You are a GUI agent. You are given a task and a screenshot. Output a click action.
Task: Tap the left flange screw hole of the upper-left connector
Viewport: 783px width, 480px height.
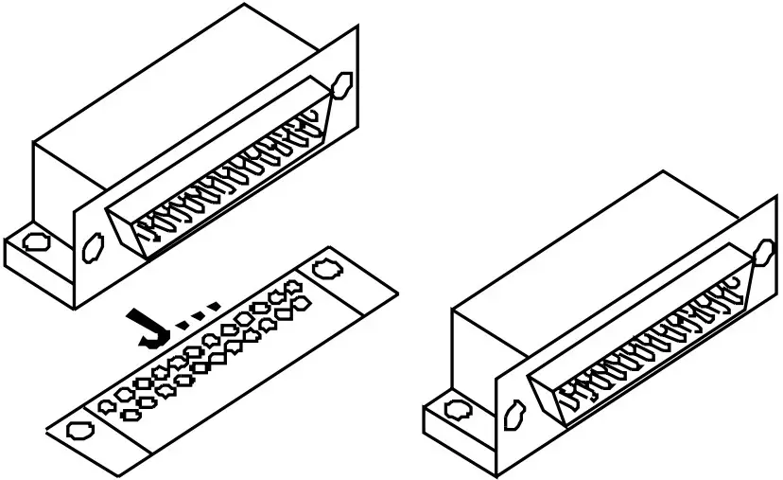pos(92,249)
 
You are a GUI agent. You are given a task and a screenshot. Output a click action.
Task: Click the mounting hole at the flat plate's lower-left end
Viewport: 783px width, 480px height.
pos(78,431)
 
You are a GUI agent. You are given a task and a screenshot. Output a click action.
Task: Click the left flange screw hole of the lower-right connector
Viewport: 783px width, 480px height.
pos(515,413)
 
